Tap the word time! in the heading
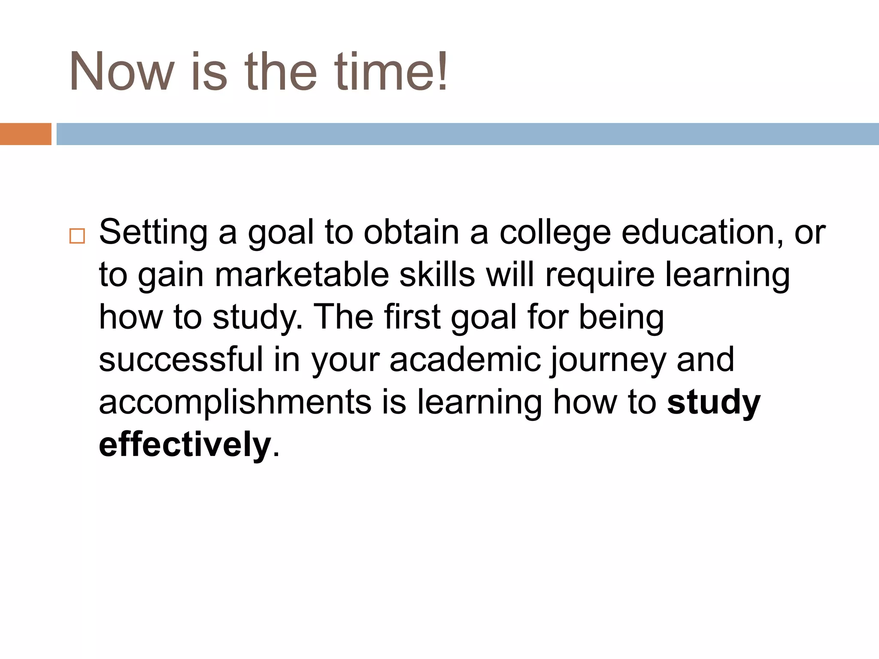391,72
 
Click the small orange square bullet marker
77,236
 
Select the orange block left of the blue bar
25,134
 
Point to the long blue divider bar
467,134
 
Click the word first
412,317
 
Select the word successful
181,360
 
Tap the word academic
465,360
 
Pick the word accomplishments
235,402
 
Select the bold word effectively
185,444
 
